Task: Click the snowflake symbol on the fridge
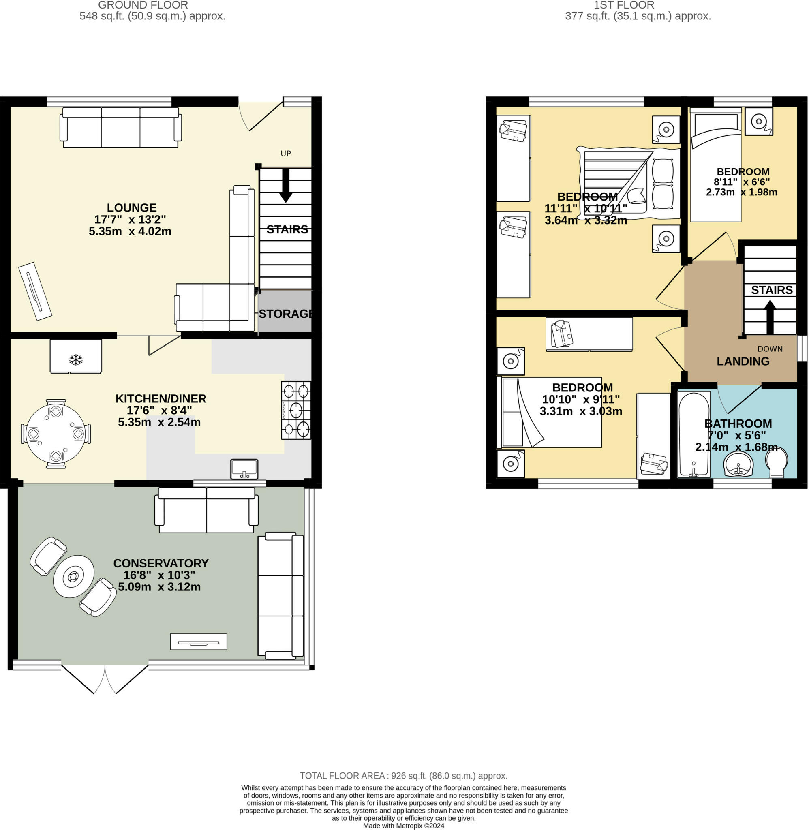click(x=76, y=360)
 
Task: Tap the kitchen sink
click(x=244, y=469)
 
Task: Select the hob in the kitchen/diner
click(x=296, y=410)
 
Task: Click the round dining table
click(x=56, y=434)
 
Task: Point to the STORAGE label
click(x=285, y=314)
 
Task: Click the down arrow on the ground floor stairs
click(x=285, y=185)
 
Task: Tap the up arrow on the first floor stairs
click(x=770, y=317)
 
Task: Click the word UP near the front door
click(x=285, y=153)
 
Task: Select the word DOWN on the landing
click(x=770, y=349)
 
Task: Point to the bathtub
click(x=693, y=434)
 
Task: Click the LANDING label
click(x=743, y=361)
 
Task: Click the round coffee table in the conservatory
click(x=73, y=576)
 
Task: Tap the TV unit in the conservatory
click(x=199, y=642)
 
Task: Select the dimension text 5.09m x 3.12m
click(x=159, y=586)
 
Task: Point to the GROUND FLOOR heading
click(x=143, y=5)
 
